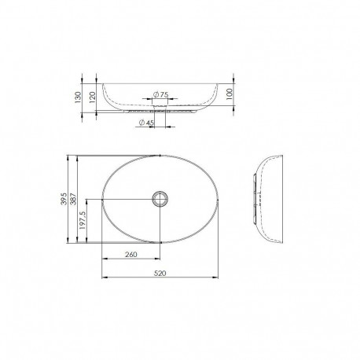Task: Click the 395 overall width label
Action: (x=64, y=199)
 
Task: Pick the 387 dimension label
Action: (x=74, y=199)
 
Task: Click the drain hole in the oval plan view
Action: (x=160, y=199)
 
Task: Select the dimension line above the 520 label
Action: (x=160, y=277)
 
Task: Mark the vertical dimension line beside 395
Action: (x=69, y=199)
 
